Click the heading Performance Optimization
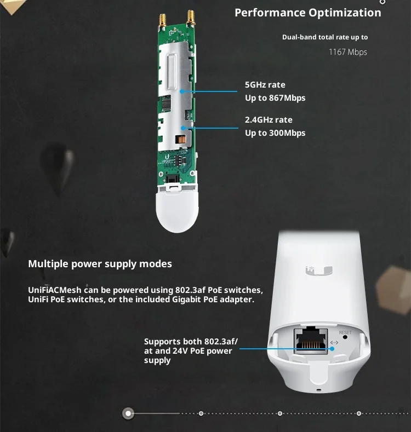coord(308,13)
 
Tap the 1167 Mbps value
coord(348,52)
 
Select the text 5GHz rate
coord(265,85)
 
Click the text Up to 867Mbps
coord(275,98)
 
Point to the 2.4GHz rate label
coord(269,120)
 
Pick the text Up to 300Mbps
coord(275,133)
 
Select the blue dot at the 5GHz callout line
coord(182,91)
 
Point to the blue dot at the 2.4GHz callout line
coord(183,128)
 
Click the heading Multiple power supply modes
coord(100,264)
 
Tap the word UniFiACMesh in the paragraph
coord(55,290)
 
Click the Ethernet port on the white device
coord(311,341)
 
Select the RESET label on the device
coord(345,332)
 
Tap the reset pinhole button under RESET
coord(345,337)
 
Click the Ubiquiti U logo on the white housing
coord(319,270)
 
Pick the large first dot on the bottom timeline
coord(128,413)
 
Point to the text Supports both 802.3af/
coord(191,342)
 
